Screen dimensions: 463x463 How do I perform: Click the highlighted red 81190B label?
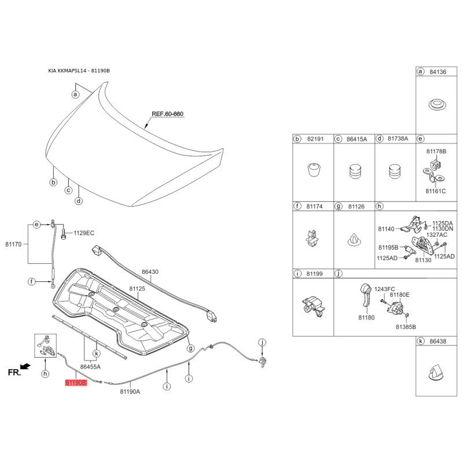(x=76, y=383)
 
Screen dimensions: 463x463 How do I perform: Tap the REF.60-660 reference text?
(x=167, y=114)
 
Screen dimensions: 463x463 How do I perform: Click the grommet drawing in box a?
(x=437, y=106)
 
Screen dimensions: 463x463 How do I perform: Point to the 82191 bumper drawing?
(x=313, y=171)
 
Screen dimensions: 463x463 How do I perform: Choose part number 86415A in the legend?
(x=357, y=139)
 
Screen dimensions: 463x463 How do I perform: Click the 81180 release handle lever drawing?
(x=365, y=297)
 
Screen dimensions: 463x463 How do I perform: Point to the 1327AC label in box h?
(x=438, y=235)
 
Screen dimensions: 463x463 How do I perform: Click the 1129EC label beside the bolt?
(x=83, y=234)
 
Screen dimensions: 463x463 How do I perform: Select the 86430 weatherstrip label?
(x=150, y=271)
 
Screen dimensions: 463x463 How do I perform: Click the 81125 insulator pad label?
(x=137, y=288)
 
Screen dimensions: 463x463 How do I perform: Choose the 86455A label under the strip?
(x=90, y=366)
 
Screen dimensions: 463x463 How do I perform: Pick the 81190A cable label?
(x=130, y=391)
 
